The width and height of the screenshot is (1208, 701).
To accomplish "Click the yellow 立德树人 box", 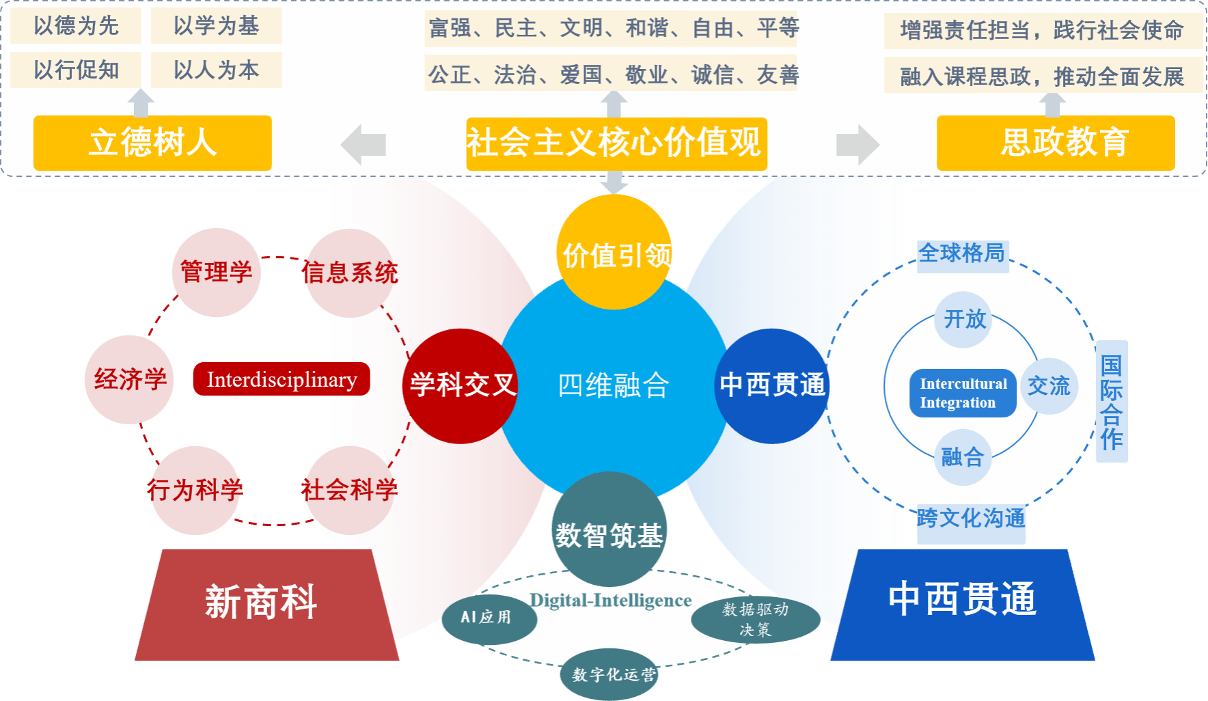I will [152, 143].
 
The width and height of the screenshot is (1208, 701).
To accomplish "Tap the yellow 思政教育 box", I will [1056, 143].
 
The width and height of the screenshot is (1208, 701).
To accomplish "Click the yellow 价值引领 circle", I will [614, 253].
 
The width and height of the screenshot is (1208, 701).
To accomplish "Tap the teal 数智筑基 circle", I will [609, 530].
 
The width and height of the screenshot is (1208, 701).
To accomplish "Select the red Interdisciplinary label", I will [282, 379].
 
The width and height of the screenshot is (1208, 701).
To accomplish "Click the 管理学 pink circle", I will [216, 272].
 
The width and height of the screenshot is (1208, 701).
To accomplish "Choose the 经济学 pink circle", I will [130, 379].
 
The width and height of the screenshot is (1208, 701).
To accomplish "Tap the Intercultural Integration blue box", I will [963, 393].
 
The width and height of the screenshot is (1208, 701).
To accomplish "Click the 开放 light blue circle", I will [965, 319].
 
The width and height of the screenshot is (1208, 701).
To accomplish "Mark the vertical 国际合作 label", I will [1112, 402].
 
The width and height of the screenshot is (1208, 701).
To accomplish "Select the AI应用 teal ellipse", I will [487, 618].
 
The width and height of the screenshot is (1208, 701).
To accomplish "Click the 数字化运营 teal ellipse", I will [612, 674].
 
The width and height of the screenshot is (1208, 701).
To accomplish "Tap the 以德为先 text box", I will [76, 26].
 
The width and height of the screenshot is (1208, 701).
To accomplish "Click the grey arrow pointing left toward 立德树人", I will [363, 145].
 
